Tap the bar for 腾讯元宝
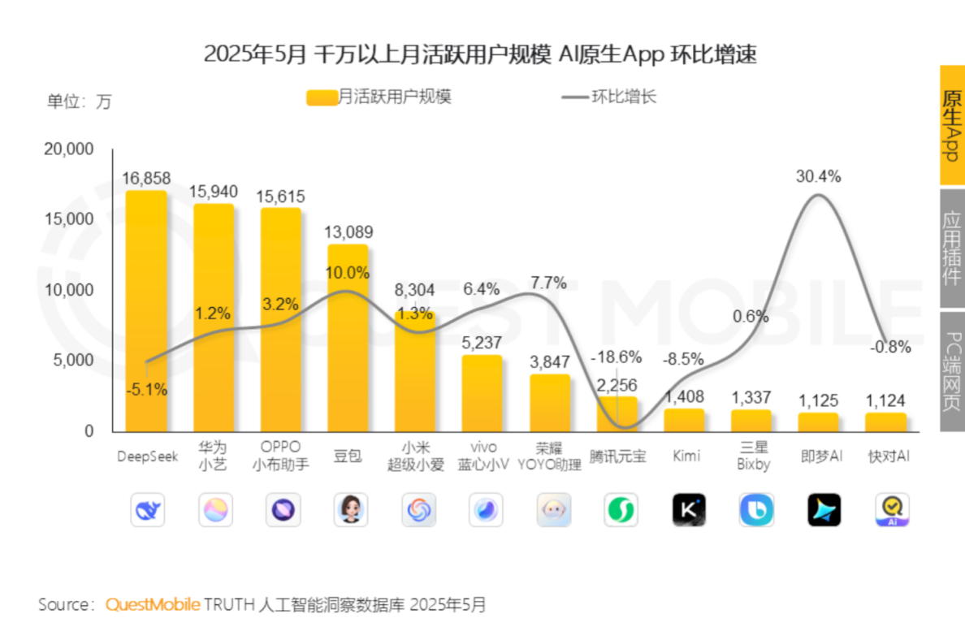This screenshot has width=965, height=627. tap(617, 414)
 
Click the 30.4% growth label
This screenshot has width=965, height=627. tap(818, 176)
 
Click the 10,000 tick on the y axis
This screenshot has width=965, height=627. tap(71, 290)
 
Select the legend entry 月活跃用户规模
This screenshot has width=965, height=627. tap(379, 97)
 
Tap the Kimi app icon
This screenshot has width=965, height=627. tap(689, 510)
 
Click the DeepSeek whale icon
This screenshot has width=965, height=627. tap(147, 510)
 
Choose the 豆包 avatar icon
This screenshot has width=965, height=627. tap(350, 510)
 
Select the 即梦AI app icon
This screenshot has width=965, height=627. tap(824, 510)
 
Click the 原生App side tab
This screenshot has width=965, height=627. tap(952, 125)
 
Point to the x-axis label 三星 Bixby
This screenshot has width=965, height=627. tap(752, 456)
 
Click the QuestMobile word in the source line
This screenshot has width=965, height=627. tap(153, 605)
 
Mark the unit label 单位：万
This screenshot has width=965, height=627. tap(79, 102)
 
